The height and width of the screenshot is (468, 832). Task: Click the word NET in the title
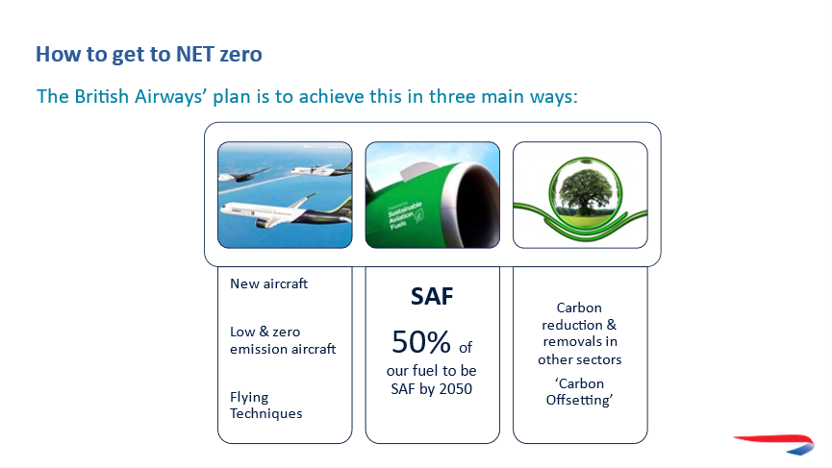click(194, 54)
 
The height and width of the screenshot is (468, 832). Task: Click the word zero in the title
click(240, 55)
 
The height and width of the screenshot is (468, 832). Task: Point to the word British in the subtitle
click(101, 96)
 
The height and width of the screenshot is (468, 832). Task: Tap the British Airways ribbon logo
click(775, 444)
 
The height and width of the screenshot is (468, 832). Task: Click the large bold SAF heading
click(432, 297)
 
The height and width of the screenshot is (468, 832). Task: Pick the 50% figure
click(421, 342)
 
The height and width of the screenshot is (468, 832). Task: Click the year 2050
click(456, 389)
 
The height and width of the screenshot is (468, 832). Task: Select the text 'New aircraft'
click(268, 284)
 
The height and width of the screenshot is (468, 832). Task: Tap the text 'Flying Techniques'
click(265, 406)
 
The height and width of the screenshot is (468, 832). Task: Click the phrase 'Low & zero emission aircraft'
click(283, 340)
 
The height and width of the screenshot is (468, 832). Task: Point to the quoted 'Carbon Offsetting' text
click(579, 392)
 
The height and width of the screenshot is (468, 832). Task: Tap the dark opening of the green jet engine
click(477, 203)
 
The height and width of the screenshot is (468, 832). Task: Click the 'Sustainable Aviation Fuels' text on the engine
click(405, 215)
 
